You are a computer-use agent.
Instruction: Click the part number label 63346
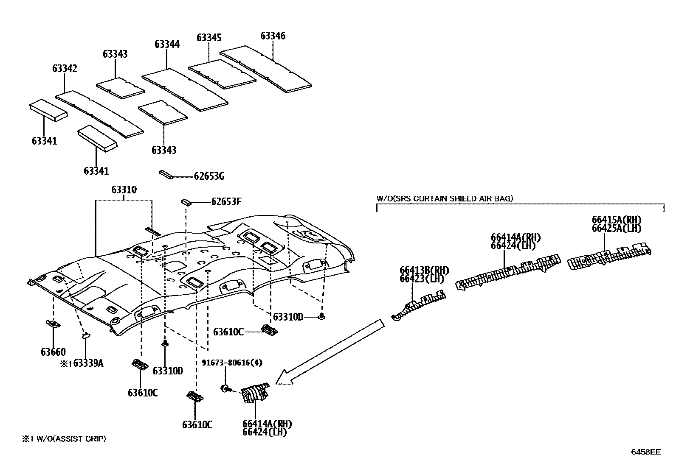[x=273, y=36]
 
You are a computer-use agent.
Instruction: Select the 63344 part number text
[x=167, y=45]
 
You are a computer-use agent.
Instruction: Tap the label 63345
[x=209, y=38]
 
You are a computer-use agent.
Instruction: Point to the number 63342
[x=65, y=69]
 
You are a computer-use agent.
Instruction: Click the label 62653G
[x=209, y=176]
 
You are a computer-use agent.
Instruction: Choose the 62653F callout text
[x=226, y=202]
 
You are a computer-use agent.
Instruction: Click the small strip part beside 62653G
[x=165, y=174]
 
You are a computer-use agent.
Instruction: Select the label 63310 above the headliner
[x=124, y=190]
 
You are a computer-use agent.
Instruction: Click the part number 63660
[x=53, y=352]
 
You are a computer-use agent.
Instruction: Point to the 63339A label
[x=88, y=363]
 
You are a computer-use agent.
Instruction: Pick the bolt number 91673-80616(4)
[x=232, y=363]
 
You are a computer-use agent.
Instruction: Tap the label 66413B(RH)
[x=424, y=271]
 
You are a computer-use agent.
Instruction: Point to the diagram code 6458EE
[x=645, y=452]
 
